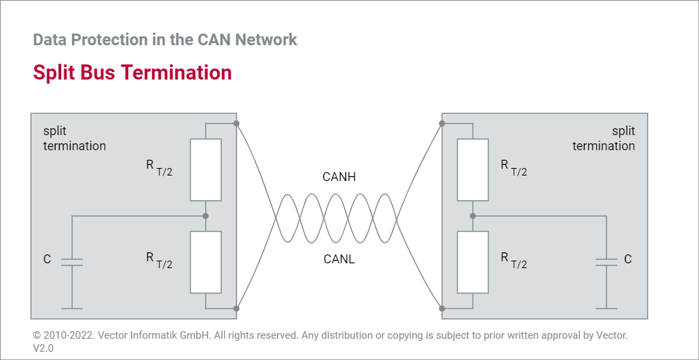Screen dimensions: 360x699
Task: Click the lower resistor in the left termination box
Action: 206,262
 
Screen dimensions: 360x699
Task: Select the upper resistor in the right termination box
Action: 473,169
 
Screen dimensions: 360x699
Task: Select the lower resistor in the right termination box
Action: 473,262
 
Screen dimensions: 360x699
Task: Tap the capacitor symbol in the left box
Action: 72,261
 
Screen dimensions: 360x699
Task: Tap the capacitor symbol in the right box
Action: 606,261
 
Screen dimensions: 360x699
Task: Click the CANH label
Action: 339,178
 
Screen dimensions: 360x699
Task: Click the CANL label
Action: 339,259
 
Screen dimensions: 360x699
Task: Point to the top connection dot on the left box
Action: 236,123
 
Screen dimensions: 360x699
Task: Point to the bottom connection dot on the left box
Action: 236,309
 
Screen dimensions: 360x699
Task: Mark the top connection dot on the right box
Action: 442,123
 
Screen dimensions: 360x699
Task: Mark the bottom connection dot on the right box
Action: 442,309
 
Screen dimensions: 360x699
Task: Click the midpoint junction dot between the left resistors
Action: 206,216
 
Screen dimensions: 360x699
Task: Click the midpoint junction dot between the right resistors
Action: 473,216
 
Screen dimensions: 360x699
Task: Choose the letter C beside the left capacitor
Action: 47,260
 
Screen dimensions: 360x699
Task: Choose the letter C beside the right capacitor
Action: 628,260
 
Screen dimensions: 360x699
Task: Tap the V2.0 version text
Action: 43,348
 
